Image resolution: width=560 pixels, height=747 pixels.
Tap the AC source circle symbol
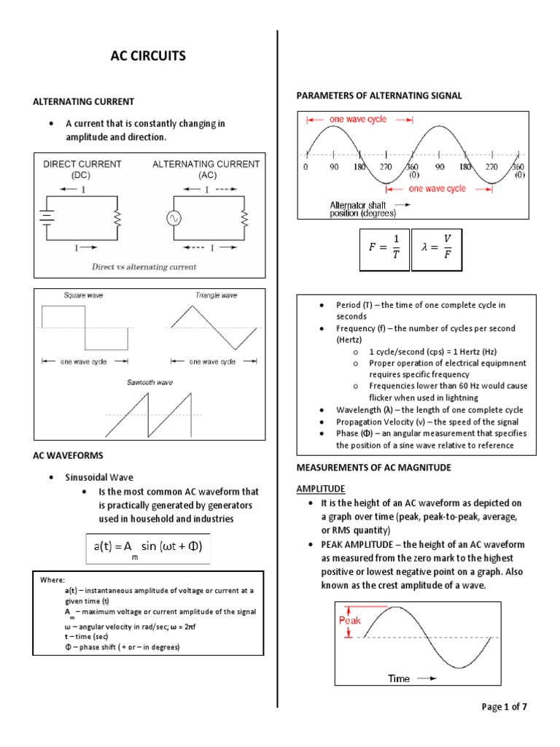tap(174, 218)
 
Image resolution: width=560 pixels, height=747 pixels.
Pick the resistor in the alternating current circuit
tap(244, 217)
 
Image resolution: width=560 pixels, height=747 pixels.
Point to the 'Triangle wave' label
tap(216, 295)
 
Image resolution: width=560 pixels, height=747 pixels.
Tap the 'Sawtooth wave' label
tap(149, 382)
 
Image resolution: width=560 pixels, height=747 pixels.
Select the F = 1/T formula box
tap(384, 249)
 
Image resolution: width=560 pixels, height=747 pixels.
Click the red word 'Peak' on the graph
tap(350, 620)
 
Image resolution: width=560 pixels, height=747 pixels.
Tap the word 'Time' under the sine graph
tap(399, 678)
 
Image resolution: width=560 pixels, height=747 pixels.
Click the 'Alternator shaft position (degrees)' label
tap(363, 209)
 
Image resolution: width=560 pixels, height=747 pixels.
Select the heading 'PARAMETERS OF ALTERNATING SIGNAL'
tap(378, 96)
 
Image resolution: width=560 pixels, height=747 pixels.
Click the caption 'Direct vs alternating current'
tap(144, 267)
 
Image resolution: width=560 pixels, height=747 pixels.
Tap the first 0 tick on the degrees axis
tap(307, 167)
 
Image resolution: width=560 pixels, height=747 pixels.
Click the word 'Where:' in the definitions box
tap(52, 579)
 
